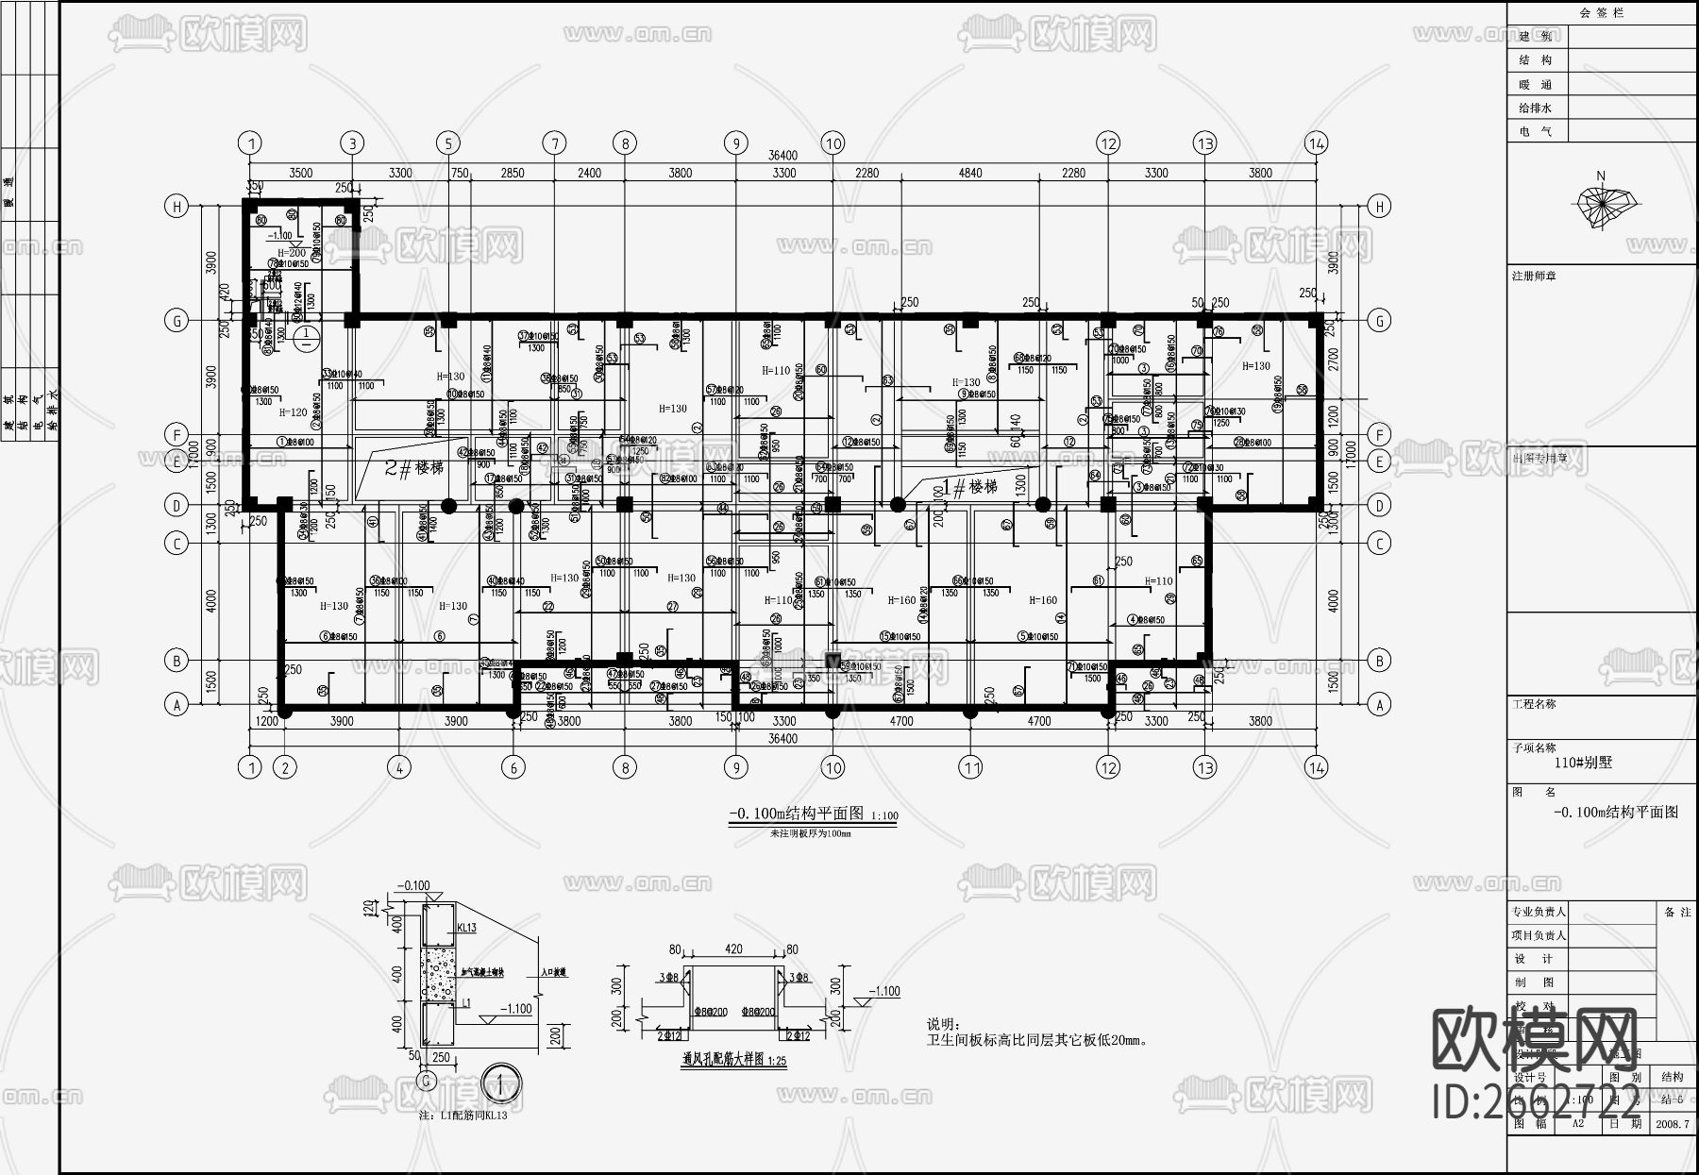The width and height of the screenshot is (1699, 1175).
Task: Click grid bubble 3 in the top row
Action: pyautogui.click(x=352, y=143)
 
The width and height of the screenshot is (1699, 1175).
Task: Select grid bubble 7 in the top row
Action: pyautogui.click(x=554, y=143)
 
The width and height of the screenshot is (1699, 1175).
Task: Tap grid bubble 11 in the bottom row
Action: pyautogui.click(x=971, y=767)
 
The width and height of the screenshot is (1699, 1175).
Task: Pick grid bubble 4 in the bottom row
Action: pyautogui.click(x=399, y=767)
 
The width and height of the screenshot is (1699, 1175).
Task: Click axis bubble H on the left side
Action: pyautogui.click(x=177, y=207)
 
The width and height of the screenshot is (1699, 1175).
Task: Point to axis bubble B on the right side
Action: pyautogui.click(x=1379, y=661)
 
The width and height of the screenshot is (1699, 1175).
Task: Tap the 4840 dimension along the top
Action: pyautogui.click(x=969, y=173)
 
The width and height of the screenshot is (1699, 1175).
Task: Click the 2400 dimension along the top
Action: pyautogui.click(x=589, y=173)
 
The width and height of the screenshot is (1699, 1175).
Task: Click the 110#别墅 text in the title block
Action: pyautogui.click(x=1583, y=763)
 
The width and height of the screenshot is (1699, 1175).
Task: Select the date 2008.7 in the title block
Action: pyautogui.click(x=1673, y=1123)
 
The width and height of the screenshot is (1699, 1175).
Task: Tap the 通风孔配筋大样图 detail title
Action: pyautogui.click(x=733, y=1061)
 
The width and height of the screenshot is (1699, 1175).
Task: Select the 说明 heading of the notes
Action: pyautogui.click(x=942, y=1024)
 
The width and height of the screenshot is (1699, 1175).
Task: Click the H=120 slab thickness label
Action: pyautogui.click(x=293, y=412)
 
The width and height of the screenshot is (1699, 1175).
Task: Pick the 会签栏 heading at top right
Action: pyautogui.click(x=1602, y=13)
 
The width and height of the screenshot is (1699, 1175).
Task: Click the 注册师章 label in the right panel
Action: pyautogui.click(x=1534, y=276)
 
